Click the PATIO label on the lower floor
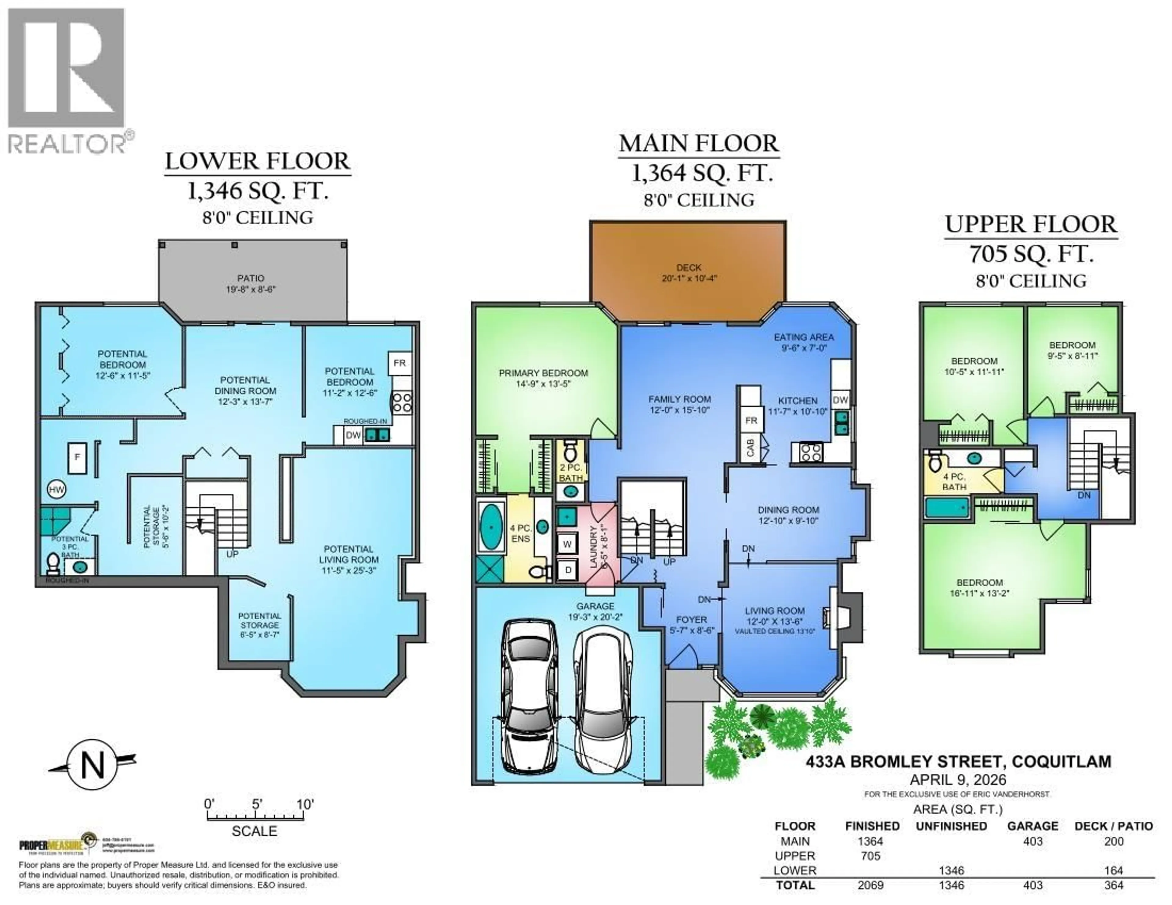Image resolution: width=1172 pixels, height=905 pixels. click(x=251, y=278)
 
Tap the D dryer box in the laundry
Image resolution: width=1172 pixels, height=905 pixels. click(x=568, y=570)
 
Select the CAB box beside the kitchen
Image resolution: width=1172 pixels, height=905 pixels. click(x=750, y=447)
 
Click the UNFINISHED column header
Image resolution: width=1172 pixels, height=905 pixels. click(x=951, y=826)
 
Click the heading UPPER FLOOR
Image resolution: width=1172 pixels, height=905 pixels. click(x=1031, y=224)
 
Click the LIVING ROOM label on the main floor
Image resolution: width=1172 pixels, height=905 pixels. click(x=774, y=610)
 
